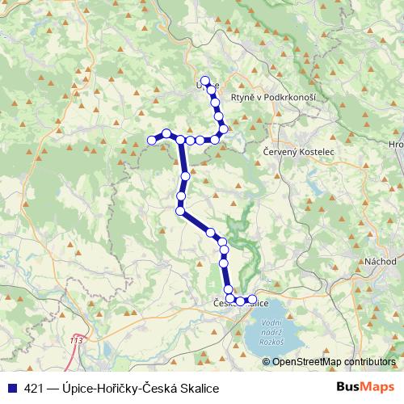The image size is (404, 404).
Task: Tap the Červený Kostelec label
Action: (299, 151)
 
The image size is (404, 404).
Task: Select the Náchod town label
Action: (381, 262)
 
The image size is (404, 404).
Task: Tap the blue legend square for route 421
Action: (9, 388)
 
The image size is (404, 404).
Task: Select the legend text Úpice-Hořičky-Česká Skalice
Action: (135, 388)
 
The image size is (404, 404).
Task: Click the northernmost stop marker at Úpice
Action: (205, 81)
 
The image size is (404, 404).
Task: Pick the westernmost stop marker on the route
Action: (151, 141)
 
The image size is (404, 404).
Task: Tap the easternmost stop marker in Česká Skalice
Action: (252, 300)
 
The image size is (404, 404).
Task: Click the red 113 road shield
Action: (76, 341)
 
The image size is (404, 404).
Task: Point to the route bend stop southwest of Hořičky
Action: (181, 212)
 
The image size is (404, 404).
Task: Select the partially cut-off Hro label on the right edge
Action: (396, 145)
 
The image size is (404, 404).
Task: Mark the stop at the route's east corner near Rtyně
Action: (224, 128)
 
